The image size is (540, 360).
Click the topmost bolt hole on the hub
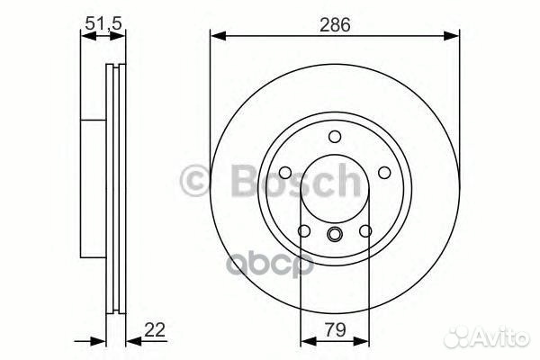point(334,136)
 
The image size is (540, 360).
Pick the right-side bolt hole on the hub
point(385,174)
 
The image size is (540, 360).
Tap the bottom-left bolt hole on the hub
point(302,233)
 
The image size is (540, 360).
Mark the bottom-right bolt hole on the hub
point(365,233)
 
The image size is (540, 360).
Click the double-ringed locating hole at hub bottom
point(334,236)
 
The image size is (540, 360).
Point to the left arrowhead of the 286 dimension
point(216,36)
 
